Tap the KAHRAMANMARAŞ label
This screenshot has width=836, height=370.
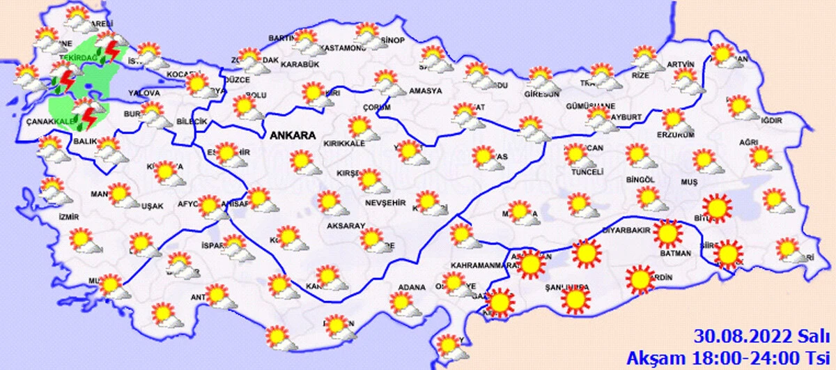(482, 266)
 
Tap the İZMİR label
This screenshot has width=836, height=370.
(70, 217)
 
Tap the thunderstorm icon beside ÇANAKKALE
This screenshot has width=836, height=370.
(86, 116)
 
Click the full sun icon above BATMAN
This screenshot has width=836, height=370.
(668, 234)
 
